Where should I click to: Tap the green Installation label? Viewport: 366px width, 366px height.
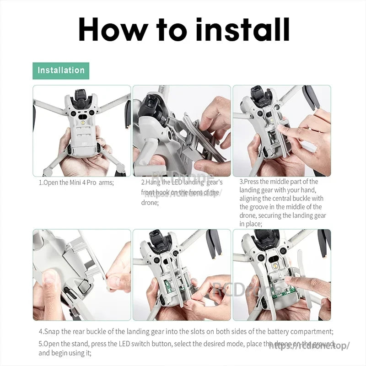[x=61, y=70]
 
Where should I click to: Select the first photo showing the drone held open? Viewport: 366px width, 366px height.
[x=81, y=131]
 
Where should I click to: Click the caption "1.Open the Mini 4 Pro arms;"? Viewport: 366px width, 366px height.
[x=76, y=182]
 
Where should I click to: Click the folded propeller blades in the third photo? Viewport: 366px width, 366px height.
[x=311, y=97]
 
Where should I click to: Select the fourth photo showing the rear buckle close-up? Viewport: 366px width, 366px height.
[x=81, y=274]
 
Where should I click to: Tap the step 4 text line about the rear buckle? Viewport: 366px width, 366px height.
[x=185, y=331]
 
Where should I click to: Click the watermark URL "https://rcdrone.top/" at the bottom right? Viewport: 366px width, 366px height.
[x=309, y=345]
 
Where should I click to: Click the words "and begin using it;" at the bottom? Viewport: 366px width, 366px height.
[x=65, y=353]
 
